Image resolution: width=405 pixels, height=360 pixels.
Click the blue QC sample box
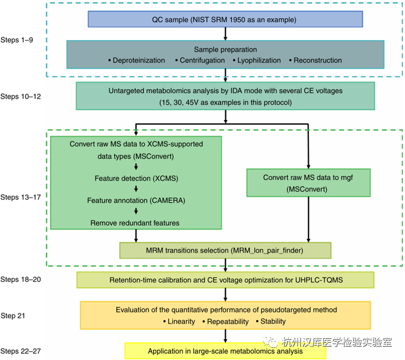[225, 20]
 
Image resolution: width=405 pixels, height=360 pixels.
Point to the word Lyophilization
[260, 60]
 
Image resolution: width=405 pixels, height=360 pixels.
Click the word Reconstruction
[318, 60]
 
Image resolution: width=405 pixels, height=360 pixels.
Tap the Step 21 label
[16, 316]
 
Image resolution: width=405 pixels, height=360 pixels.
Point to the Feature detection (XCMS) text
[135, 179]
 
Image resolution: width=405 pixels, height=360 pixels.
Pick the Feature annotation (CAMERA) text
[135, 201]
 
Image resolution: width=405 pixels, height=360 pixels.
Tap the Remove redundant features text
[135, 223]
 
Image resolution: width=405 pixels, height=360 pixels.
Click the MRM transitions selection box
[225, 250]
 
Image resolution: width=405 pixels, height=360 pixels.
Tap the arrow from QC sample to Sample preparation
[225, 33]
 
